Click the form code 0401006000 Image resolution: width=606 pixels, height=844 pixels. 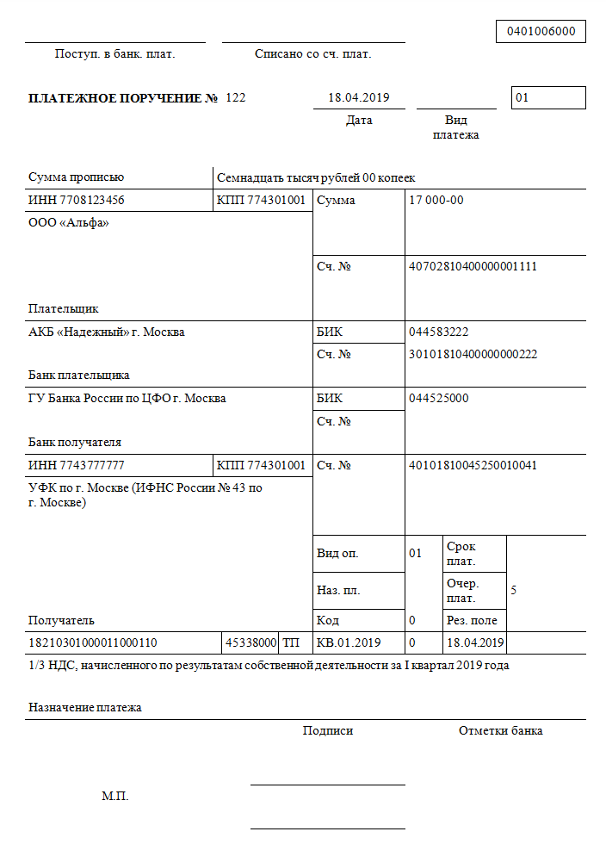(x=541, y=32)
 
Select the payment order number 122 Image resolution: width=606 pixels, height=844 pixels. (x=236, y=97)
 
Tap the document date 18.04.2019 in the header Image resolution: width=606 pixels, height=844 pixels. (x=359, y=97)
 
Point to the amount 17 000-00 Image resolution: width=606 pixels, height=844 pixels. (x=436, y=201)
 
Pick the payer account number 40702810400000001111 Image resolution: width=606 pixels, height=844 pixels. (x=473, y=266)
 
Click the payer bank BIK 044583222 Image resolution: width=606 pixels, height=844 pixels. (x=439, y=332)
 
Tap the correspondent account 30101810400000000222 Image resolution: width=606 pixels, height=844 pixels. (x=473, y=354)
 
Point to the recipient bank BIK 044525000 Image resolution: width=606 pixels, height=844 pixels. (x=439, y=399)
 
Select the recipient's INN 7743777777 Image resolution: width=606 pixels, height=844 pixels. (x=76, y=466)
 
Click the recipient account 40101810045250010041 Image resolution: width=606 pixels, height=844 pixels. (x=473, y=466)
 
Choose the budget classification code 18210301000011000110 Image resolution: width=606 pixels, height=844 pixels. (x=93, y=642)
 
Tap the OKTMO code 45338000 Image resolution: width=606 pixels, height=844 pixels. (x=250, y=642)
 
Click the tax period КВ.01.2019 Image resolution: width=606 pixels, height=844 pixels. (x=349, y=642)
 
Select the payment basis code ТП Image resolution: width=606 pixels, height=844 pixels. (x=291, y=642)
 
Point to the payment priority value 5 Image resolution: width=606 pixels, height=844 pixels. (x=514, y=591)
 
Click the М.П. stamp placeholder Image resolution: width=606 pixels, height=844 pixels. (x=114, y=797)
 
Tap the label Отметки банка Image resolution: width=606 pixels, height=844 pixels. (x=500, y=731)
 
